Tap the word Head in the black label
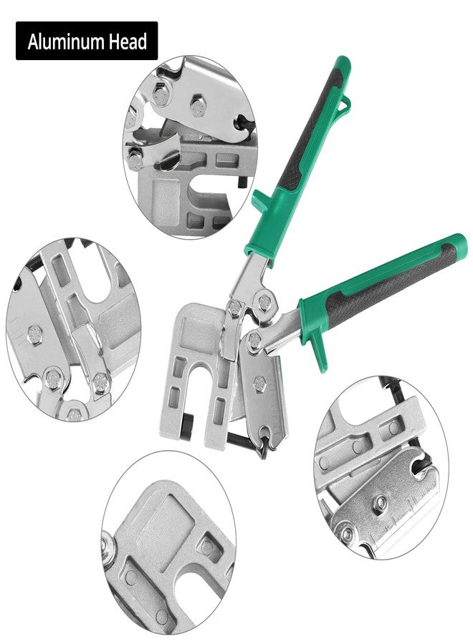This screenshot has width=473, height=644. click(128, 42)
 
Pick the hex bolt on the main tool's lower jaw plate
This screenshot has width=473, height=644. click(263, 379)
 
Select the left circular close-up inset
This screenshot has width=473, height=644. click(72, 329)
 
